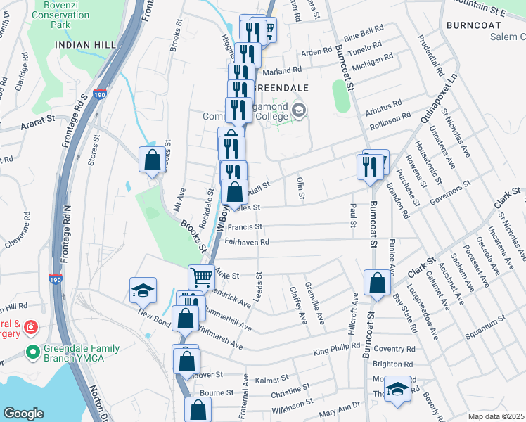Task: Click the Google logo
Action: point(24,414)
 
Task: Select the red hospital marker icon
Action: point(31,328)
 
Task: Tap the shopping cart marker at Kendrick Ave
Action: point(200,276)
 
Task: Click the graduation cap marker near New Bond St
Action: point(142,289)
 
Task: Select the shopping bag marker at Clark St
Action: point(377,283)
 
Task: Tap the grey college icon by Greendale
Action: point(300,109)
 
